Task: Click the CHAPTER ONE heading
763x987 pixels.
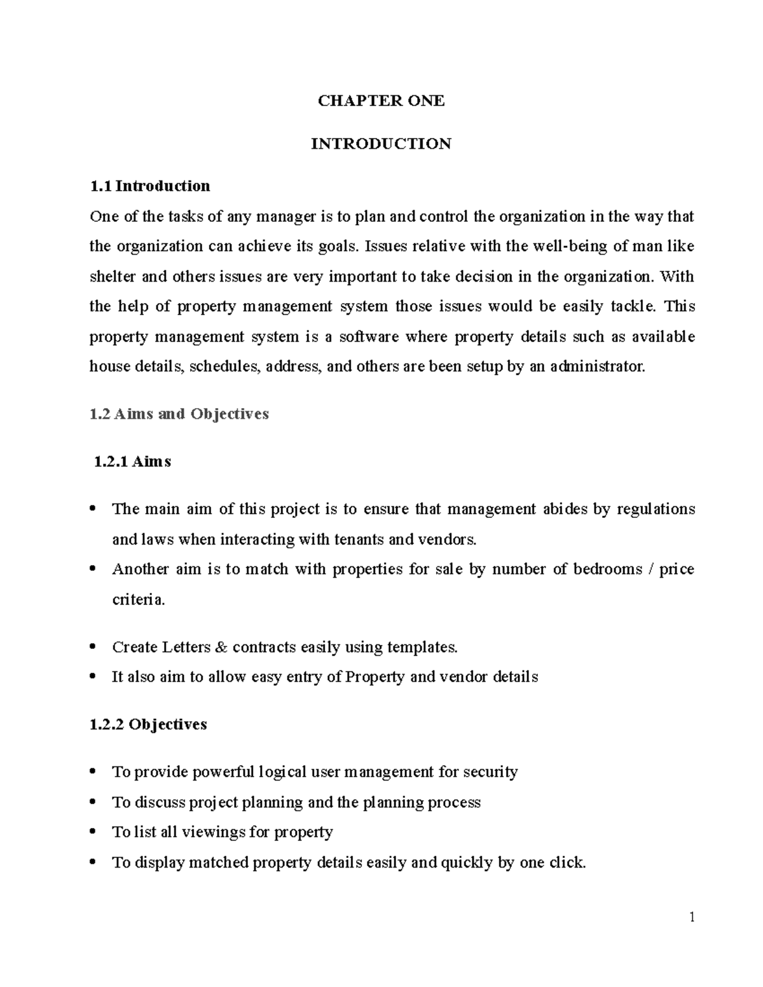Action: [x=381, y=101]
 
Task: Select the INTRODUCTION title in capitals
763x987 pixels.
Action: [x=381, y=144]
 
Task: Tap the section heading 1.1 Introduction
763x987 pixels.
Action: [x=150, y=186]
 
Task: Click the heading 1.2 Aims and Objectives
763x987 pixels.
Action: [x=179, y=414]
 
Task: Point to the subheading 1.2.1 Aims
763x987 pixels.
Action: [x=132, y=461]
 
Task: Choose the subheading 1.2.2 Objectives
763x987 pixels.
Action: [x=149, y=725]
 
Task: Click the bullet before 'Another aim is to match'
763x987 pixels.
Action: [x=93, y=569]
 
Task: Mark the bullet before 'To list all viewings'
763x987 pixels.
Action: [x=93, y=832]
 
